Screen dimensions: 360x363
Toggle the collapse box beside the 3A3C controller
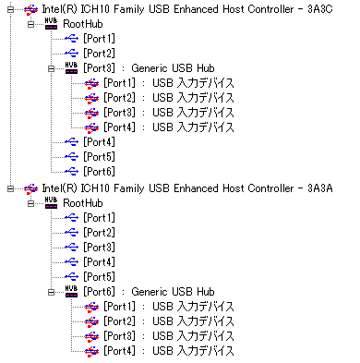[11, 9]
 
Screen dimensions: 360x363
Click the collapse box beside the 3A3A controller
[11, 188]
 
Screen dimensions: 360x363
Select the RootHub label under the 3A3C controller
[83, 24]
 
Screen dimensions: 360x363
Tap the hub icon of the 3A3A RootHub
[51, 203]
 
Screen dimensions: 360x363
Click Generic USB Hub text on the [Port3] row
[173, 68]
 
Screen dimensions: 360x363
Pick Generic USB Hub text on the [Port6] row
[173, 292]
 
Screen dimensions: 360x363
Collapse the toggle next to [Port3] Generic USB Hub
[52, 68]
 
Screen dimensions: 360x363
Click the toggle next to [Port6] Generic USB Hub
[52, 292]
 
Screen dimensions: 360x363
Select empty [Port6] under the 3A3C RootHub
[99, 172]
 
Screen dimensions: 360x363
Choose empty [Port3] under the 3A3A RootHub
[99, 248]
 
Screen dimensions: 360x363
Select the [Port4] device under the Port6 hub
[169, 351]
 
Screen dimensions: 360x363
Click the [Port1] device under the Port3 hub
[169, 83]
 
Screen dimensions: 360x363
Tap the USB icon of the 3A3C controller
[30, 10]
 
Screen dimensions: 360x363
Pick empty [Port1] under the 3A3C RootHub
[99, 39]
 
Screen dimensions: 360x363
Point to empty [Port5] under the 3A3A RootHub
[99, 277]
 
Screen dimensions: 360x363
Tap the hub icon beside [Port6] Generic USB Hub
[71, 291]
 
